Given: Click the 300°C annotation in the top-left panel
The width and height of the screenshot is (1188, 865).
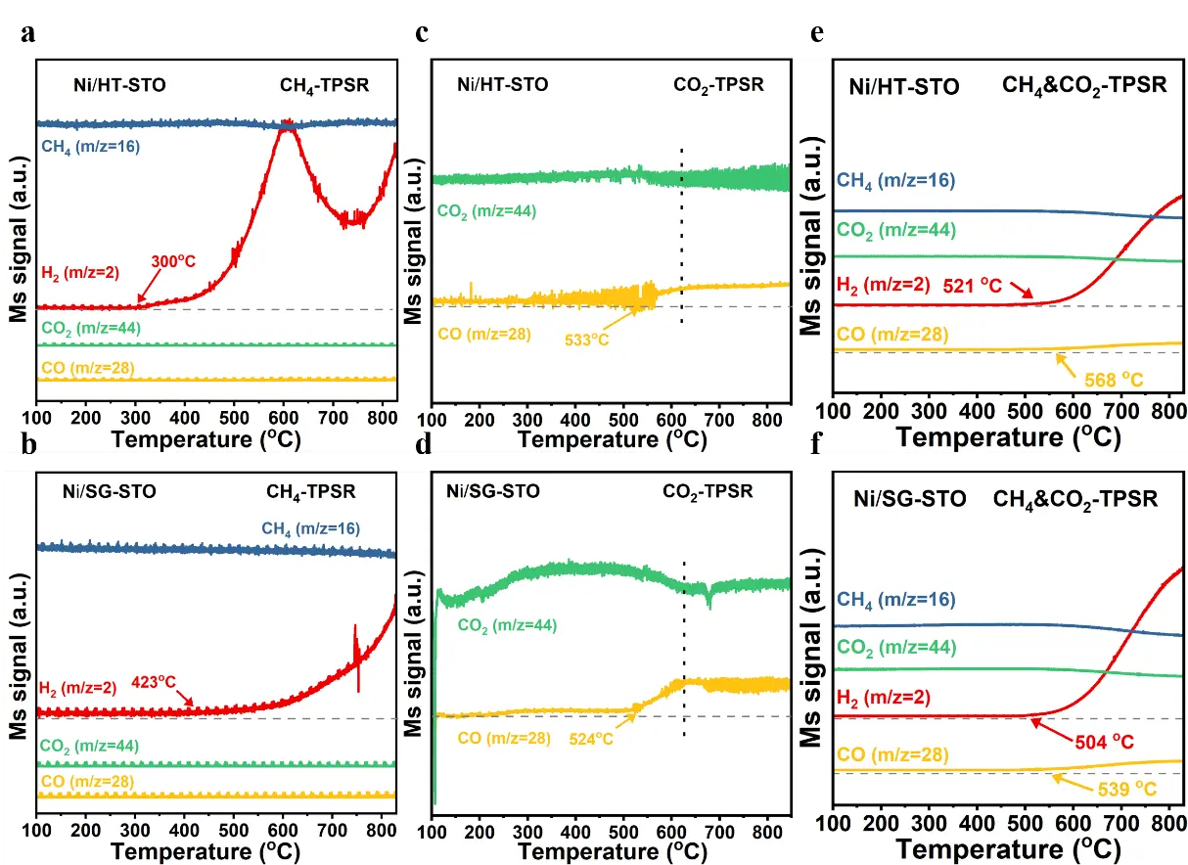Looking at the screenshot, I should pos(174,261).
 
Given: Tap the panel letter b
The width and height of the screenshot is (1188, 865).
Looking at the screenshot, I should pos(30,446).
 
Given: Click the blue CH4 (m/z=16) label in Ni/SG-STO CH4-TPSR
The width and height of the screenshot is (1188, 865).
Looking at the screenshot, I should pos(310,528).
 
